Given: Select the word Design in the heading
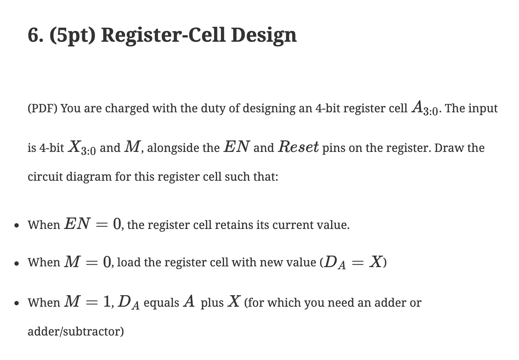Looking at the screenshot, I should pos(264,35).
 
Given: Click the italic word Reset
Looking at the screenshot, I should pos(298,147).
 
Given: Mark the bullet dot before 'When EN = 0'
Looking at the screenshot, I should pos(16,226).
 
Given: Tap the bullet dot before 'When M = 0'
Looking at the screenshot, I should pos(16,263).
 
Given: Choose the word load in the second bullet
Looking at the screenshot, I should pos(129,262).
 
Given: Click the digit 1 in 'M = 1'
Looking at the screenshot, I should pos(107,302).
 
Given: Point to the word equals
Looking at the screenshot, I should pos(161,303).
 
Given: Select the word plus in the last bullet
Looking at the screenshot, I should pos(212,303).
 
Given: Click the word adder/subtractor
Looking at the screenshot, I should pos(76,331).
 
